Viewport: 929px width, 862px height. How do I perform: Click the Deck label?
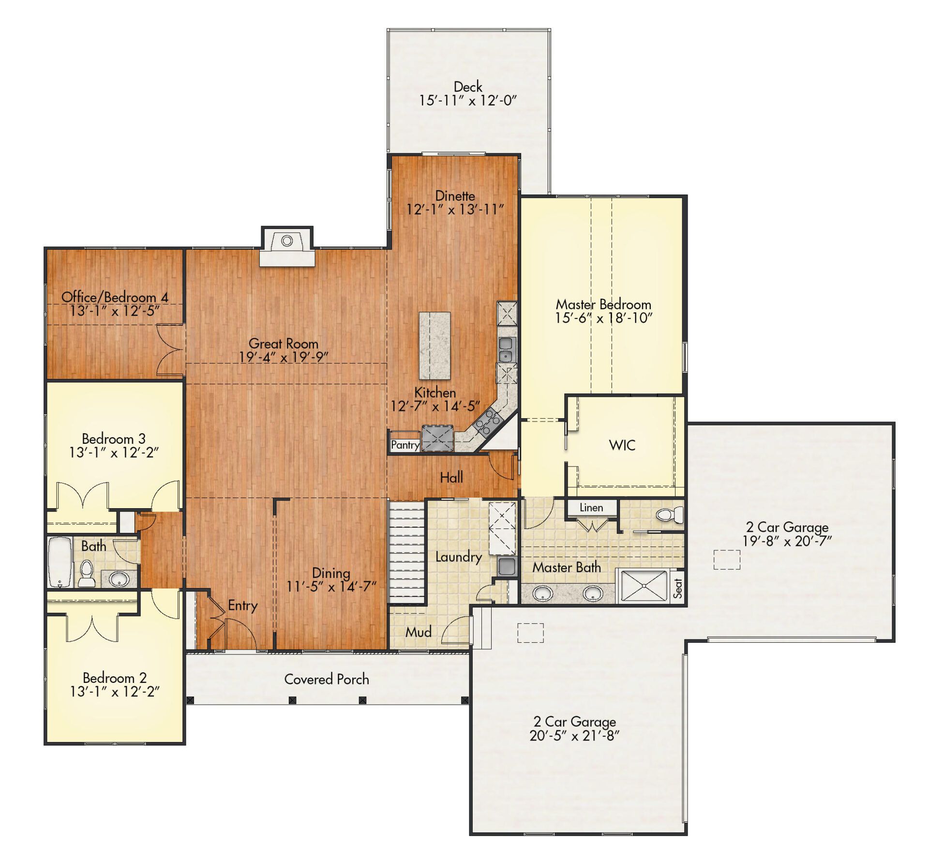click(468, 87)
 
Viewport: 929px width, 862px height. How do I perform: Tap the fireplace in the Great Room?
click(287, 246)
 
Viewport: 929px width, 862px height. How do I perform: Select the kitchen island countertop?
click(435, 346)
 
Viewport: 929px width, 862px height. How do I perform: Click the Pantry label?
click(405, 445)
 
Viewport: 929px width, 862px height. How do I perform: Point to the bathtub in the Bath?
click(60, 561)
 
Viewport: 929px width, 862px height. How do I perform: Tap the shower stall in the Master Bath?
click(644, 586)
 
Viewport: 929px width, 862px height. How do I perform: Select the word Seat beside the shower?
click(677, 588)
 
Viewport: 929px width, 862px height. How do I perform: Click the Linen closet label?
click(591, 508)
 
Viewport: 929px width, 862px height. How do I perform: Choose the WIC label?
click(622, 445)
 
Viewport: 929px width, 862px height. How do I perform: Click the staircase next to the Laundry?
click(407, 552)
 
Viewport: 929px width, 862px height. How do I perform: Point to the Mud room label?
click(418, 632)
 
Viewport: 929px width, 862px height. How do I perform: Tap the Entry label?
click(242, 605)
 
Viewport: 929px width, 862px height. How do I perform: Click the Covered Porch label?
click(327, 679)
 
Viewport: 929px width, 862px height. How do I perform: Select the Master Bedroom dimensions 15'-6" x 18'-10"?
click(603, 318)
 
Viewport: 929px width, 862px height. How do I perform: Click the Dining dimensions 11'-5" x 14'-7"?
click(331, 587)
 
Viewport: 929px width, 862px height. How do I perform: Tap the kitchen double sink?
click(506, 349)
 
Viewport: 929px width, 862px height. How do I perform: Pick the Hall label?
click(451, 478)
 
